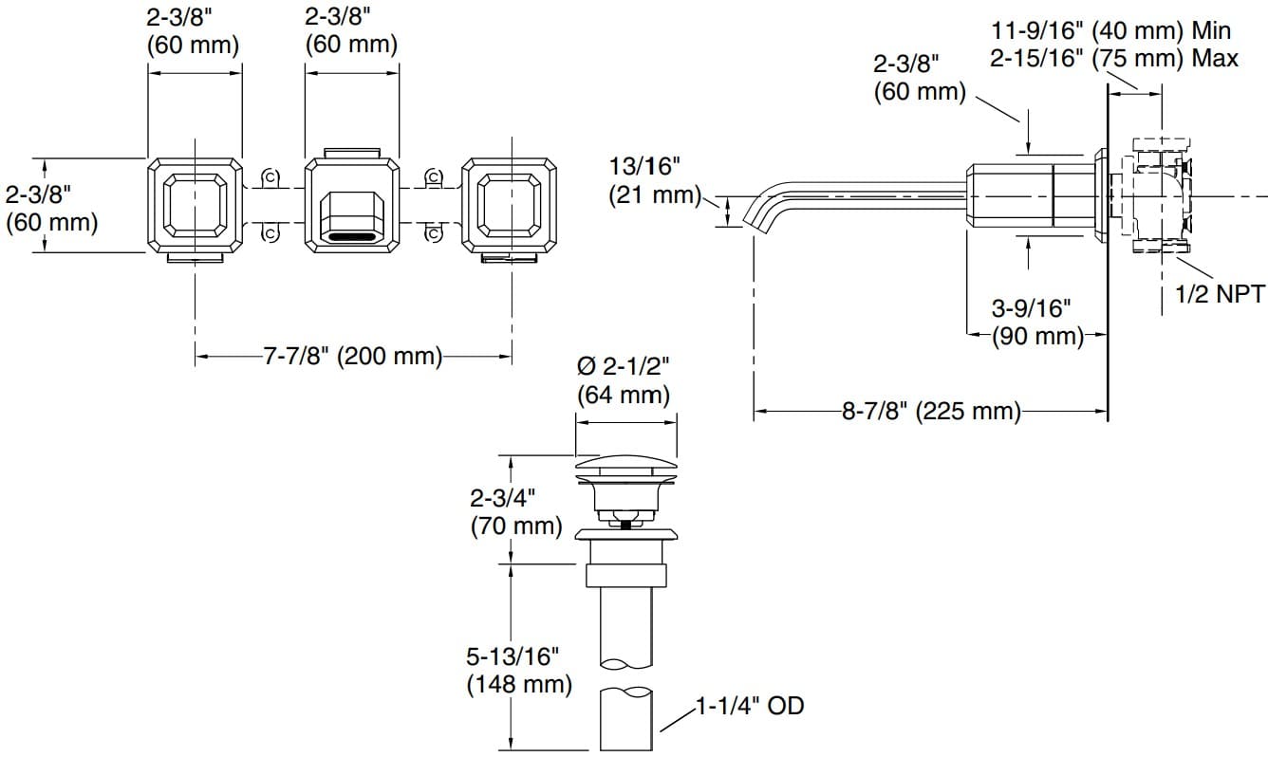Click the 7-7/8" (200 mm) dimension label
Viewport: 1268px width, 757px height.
[x=353, y=357]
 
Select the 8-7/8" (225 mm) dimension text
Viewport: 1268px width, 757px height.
[x=930, y=412]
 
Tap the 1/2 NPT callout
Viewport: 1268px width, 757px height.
[x=1220, y=294]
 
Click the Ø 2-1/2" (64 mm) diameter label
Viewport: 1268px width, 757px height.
[x=624, y=379]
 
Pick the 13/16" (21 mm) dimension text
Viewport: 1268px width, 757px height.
[x=645, y=181]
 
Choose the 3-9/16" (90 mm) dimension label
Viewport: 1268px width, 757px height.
[x=1036, y=322]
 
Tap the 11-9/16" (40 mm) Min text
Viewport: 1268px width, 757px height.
[x=1108, y=31]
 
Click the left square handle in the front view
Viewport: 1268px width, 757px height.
[x=195, y=205]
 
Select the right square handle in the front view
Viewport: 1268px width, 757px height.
[x=510, y=205]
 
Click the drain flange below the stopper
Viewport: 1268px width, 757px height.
[x=626, y=534]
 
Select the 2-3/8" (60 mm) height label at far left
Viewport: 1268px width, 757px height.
[x=51, y=209]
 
